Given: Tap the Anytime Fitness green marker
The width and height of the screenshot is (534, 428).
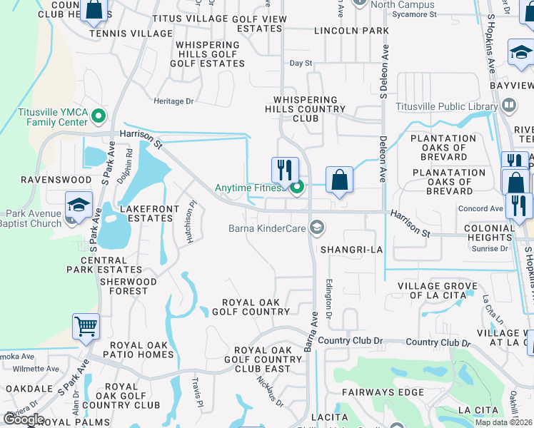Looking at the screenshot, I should pyautogui.click(x=297, y=188).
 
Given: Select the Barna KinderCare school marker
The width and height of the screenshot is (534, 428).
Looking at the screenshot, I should pyautogui.click(x=317, y=229).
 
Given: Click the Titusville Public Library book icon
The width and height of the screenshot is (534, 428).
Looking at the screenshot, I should pyautogui.click(x=508, y=107).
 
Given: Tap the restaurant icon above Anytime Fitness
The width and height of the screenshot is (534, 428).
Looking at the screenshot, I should pyautogui.click(x=285, y=170).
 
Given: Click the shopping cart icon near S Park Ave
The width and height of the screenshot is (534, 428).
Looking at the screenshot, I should pyautogui.click(x=86, y=327).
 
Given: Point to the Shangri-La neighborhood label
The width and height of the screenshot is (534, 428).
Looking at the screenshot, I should pyautogui.click(x=352, y=250).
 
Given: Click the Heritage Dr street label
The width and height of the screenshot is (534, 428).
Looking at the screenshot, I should pyautogui.click(x=174, y=101).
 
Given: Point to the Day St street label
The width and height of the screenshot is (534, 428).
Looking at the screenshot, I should pyautogui.click(x=301, y=63).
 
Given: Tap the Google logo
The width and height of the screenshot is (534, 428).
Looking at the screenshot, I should pyautogui.click(x=24, y=420).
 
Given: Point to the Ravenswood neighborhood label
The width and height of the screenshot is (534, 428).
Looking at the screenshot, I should pyautogui.click(x=36, y=180).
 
